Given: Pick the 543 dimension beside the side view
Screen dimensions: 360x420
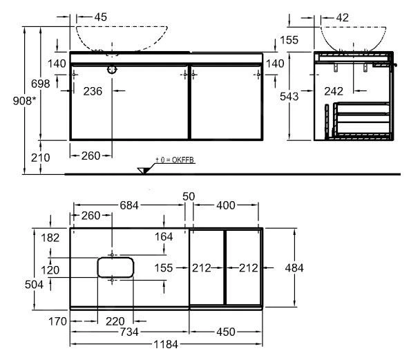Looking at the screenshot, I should [x=289, y=97].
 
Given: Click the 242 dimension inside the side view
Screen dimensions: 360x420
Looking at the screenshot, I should [x=334, y=91].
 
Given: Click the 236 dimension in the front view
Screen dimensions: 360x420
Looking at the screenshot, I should [x=93, y=91].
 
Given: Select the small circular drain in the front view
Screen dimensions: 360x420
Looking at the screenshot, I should [x=111, y=69].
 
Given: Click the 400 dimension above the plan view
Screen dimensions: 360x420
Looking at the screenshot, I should [x=226, y=205].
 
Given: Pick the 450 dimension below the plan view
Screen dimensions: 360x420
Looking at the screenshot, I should [x=226, y=332].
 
